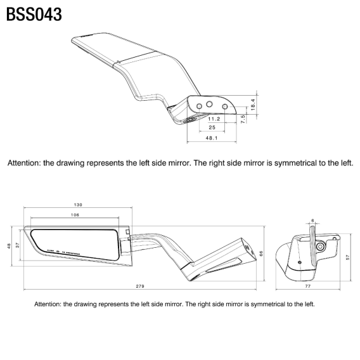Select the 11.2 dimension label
[x=213, y=119]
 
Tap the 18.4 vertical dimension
[x=253, y=105]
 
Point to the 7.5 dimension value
[x=243, y=118]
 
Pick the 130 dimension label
[x=78, y=205]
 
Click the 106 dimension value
[x=75, y=215]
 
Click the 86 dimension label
[x=262, y=254]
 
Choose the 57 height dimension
[x=347, y=256]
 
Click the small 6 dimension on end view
[x=312, y=221]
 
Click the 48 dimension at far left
[x=9, y=246]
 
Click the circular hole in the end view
[x=321, y=245]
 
